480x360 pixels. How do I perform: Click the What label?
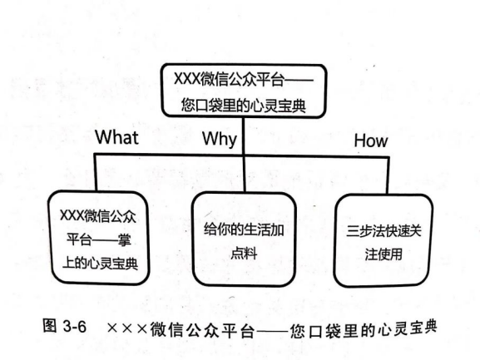coord(117,137)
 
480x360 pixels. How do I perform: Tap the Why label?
coord(220,139)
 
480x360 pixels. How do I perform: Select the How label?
coord(371,141)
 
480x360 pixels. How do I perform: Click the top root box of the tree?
coord(244,91)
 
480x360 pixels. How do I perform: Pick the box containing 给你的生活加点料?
coord(244,239)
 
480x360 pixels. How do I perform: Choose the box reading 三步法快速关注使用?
coord(384,240)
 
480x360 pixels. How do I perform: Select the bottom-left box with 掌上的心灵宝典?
coord(98,238)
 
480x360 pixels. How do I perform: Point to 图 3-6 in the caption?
coord(65,326)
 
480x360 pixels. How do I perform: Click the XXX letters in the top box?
coord(187,79)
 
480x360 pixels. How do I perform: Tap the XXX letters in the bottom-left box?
coord(72,215)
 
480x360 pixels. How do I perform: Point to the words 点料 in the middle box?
coord(244,254)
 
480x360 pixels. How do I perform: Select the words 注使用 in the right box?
coord(384,254)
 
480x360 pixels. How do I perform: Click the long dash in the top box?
coord(299,81)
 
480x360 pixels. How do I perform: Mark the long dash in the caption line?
coord(272,330)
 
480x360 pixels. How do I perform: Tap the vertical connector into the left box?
coord(96,172)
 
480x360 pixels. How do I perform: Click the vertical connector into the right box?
coord(388,175)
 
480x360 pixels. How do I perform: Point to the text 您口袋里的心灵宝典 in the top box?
coord(244,106)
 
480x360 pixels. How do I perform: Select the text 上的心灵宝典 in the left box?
coord(100,264)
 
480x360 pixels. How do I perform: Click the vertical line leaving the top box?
coord(244,136)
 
